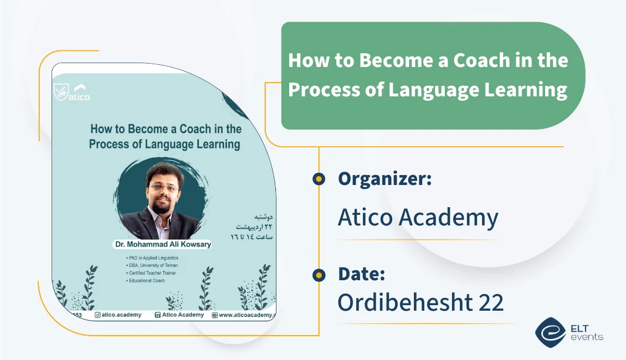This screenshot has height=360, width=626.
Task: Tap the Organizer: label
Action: pyautogui.click(x=384, y=178)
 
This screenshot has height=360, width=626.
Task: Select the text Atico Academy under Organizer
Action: pyautogui.click(x=418, y=218)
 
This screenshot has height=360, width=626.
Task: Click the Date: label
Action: pyautogui.click(x=361, y=274)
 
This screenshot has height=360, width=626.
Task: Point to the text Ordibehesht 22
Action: pyautogui.click(x=420, y=302)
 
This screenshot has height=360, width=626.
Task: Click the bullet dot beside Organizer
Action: pyautogui.click(x=319, y=178)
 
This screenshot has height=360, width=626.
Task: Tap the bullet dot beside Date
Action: pyautogui.click(x=319, y=274)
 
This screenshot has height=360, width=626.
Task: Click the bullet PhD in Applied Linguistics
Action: pyautogui.click(x=153, y=258)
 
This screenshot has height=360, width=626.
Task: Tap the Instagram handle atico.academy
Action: pyautogui.click(x=118, y=315)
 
